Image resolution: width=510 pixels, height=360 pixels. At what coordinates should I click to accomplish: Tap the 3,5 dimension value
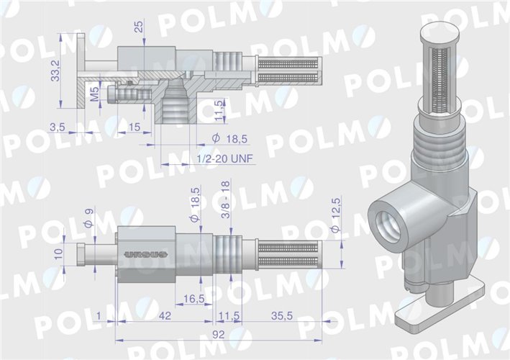(58, 127)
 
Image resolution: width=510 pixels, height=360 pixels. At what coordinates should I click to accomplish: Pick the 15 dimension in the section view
(134, 127)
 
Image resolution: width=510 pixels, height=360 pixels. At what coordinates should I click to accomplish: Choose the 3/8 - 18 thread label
(225, 196)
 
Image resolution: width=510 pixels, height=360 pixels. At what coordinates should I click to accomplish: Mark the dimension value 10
(57, 253)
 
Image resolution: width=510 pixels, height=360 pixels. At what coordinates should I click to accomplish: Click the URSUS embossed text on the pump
(145, 254)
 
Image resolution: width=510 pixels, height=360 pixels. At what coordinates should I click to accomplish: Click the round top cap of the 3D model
(439, 32)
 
